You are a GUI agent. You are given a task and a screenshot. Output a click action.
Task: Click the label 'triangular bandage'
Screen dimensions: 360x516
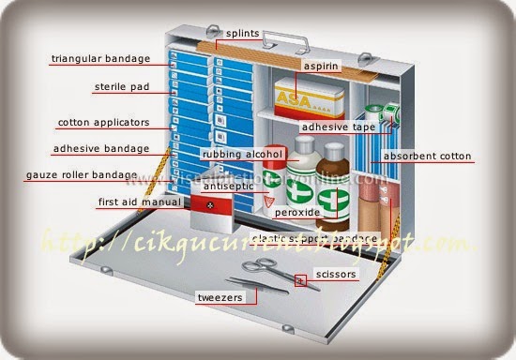(x=100, y=59)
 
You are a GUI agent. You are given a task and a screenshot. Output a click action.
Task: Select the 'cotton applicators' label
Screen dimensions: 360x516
(x=102, y=122)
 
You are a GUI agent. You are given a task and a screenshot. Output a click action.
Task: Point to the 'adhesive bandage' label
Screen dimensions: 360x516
(x=100, y=148)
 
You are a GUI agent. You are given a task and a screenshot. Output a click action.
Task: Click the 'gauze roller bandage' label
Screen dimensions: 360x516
(x=82, y=175)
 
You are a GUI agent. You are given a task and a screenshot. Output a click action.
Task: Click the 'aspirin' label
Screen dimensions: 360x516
(x=321, y=67)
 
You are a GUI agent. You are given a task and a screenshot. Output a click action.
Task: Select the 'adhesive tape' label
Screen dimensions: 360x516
(x=338, y=127)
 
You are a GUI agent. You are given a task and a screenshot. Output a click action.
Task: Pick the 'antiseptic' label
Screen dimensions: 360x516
(x=229, y=187)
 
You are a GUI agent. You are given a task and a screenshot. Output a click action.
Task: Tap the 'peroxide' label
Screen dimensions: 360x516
(x=297, y=213)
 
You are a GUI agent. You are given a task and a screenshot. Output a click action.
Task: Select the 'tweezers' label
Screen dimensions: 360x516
(x=220, y=298)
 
